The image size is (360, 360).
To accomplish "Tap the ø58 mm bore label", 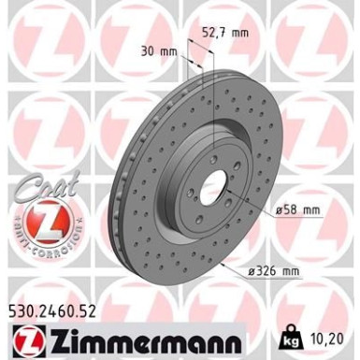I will pos(299,211).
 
